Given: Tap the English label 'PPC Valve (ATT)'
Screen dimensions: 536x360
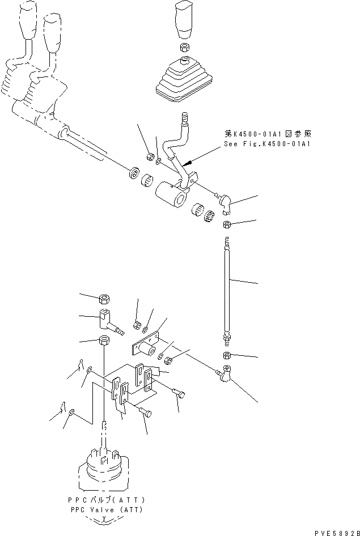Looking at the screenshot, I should tap(105, 510).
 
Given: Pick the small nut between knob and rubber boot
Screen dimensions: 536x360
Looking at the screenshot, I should tap(185, 48).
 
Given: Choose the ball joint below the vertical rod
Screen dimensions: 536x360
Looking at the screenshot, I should tap(224, 375).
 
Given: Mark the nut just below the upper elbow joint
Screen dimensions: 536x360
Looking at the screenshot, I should tap(226, 225).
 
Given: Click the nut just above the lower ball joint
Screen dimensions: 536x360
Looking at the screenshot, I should tap(226, 355).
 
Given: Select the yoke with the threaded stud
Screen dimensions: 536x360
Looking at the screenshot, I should tap(108, 322).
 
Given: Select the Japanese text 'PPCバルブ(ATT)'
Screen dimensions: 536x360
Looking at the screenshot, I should tap(105, 501).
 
